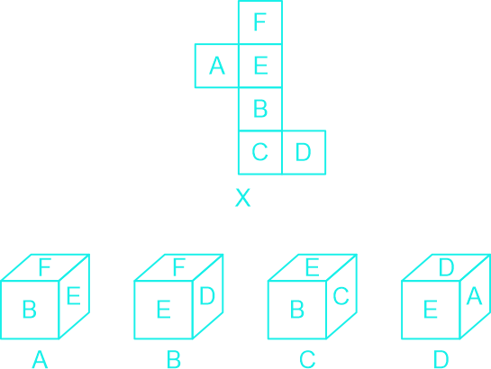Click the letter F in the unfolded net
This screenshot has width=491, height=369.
pyautogui.click(x=259, y=22)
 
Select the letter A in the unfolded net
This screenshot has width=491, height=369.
pyautogui.click(x=217, y=66)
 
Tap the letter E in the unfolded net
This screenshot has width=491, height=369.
pyautogui.click(x=261, y=66)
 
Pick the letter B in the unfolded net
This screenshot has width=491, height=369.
pyautogui.click(x=260, y=109)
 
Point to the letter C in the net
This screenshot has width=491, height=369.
pyautogui.click(x=259, y=152)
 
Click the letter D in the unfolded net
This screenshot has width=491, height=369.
pyautogui.click(x=303, y=152)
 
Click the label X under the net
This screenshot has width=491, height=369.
pyautogui.click(x=242, y=198)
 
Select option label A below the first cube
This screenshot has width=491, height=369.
pyautogui.click(x=40, y=359)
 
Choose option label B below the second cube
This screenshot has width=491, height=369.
pyautogui.click(x=174, y=359)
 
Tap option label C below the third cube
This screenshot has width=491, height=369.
pyautogui.click(x=307, y=359)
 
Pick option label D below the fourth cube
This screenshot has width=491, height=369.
pyautogui.click(x=441, y=359)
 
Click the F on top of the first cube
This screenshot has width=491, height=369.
pyautogui.click(x=45, y=267)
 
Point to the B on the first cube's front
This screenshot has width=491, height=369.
pyautogui.click(x=30, y=310)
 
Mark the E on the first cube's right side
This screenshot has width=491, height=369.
pyautogui.click(x=74, y=295)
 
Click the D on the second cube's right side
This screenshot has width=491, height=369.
pyautogui.click(x=207, y=295)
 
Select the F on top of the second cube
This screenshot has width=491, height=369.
pyautogui.click(x=178, y=267)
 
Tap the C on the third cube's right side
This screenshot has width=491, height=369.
pyautogui.click(x=341, y=295)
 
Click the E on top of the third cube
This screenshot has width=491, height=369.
pyautogui.click(x=313, y=267)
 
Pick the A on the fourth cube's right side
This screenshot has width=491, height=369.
pyautogui.click(x=474, y=295)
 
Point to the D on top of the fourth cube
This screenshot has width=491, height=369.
pyautogui.click(x=446, y=267)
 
